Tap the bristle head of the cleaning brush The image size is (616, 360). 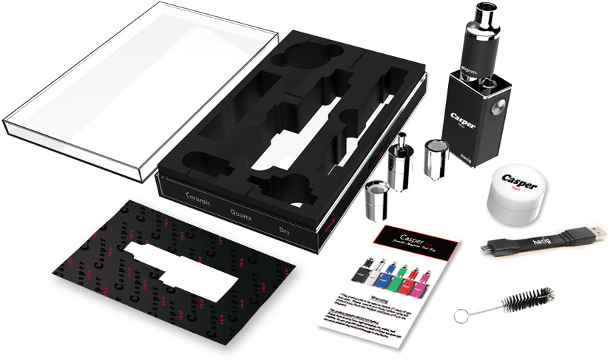coord(526,302)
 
